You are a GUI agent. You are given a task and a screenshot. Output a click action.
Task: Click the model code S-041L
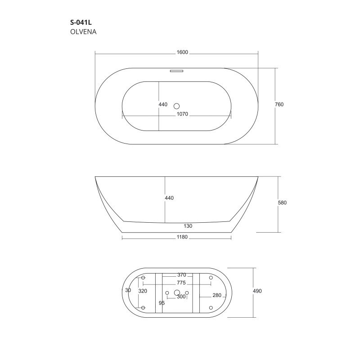(81, 22)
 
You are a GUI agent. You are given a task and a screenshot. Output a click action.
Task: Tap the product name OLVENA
(83, 31)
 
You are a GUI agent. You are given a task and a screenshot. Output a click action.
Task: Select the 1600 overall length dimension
(182, 52)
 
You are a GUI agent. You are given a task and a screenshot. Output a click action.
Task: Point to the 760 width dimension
(279, 104)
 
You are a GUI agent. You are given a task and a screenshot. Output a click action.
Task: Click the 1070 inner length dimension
(182, 114)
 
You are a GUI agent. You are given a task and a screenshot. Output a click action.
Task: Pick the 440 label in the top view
(163, 104)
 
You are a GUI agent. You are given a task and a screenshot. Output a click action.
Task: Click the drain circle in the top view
(176, 106)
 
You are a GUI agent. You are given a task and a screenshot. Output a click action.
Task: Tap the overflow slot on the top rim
(176, 71)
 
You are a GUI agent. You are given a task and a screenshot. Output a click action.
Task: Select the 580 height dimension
(282, 203)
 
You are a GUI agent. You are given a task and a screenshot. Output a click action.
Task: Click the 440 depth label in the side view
(169, 198)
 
